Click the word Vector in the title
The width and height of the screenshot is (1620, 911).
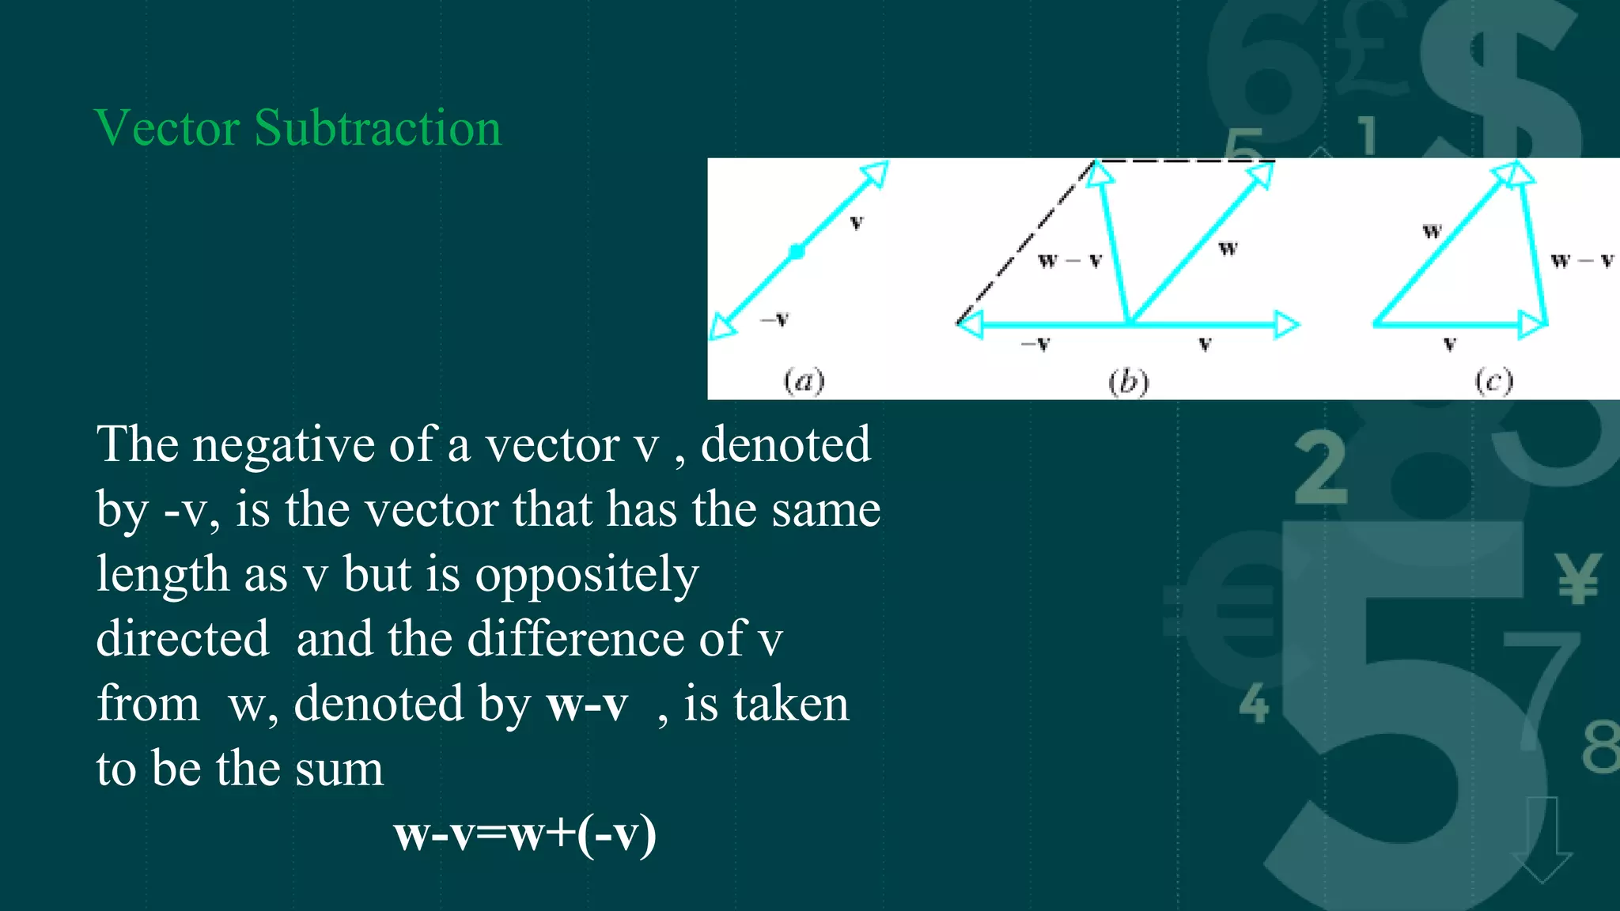point(167,128)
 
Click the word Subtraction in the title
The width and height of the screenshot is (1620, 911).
point(378,128)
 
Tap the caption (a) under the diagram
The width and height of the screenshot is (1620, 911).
point(804,381)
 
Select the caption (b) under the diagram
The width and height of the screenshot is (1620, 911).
point(1128,381)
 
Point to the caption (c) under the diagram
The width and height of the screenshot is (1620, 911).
point(1493,381)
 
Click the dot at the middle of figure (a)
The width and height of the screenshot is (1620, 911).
point(797,251)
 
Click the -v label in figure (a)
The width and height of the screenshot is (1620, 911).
point(775,319)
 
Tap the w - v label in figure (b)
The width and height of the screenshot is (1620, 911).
point(1069,260)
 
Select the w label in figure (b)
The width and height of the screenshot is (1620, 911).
point(1227,248)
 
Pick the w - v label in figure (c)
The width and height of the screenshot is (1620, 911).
point(1581,260)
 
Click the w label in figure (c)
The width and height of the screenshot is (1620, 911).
point(1432,231)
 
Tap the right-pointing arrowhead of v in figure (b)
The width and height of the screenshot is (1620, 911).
point(1286,324)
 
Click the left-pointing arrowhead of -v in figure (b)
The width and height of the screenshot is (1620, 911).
point(970,324)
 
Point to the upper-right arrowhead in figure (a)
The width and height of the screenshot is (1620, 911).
point(876,173)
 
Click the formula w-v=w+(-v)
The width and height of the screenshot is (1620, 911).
point(525,834)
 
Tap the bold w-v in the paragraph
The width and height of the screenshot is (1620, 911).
point(587,704)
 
